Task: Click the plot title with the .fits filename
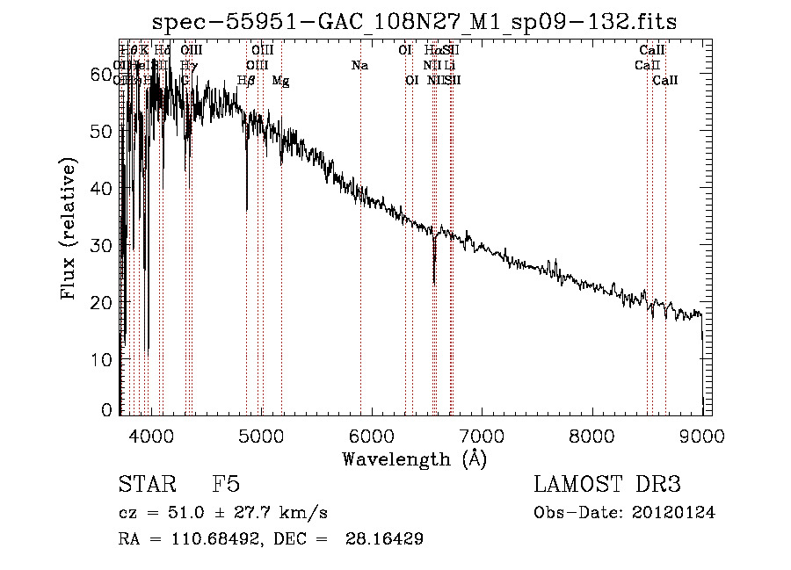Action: pos(415,21)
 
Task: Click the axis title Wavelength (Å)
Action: pos(414,458)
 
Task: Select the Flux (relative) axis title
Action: pos(70,229)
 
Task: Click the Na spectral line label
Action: pos(359,66)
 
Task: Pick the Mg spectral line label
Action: pos(280,81)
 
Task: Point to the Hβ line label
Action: pos(246,81)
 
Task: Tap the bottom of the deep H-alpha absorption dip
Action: pos(434,282)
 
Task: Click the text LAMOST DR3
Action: pos(606,485)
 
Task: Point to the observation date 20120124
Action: pos(678,513)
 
